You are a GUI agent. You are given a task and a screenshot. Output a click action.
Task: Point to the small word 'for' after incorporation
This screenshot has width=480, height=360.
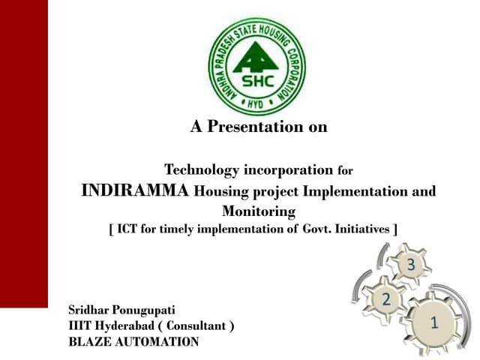345,170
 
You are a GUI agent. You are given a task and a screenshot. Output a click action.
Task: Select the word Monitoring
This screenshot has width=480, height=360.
259,211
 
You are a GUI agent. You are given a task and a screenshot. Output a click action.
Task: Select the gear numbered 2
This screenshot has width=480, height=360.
386,299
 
